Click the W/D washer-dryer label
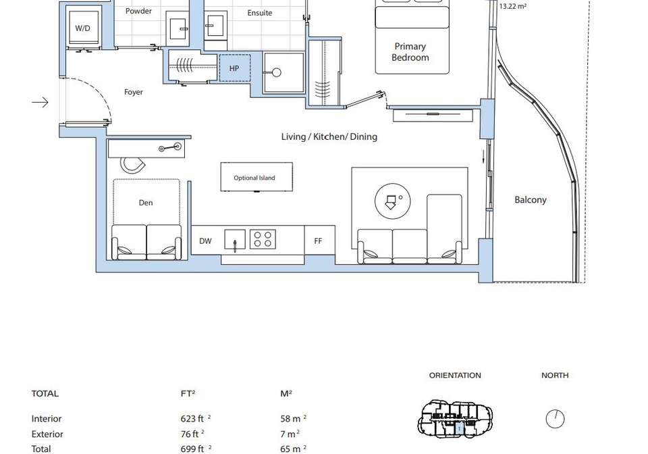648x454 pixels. point(82,28)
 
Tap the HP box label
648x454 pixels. point(234,68)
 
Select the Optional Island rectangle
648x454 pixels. point(256,177)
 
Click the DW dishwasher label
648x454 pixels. point(205,241)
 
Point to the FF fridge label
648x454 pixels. point(318,241)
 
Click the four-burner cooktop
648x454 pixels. point(263,239)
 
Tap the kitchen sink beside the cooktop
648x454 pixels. point(235,239)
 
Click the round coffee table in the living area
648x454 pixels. point(393,201)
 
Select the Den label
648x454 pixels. point(146,203)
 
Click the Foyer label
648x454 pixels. point(134,92)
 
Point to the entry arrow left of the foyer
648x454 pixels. point(40,102)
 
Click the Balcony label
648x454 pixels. point(531,200)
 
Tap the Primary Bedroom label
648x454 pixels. point(410,52)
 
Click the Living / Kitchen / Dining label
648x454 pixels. point(329,136)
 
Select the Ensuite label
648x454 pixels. point(259,13)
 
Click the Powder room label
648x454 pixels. point(138,11)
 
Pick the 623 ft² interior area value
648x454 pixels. point(196,418)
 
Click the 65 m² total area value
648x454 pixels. point(293,449)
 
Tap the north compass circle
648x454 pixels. point(555,419)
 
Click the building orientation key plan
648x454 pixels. point(455,418)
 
